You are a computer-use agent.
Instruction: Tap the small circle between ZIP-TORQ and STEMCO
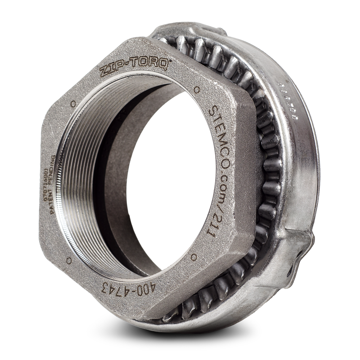pyautogui.click(x=196, y=87)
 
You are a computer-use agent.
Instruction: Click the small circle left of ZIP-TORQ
pyautogui.click(x=73, y=103)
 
